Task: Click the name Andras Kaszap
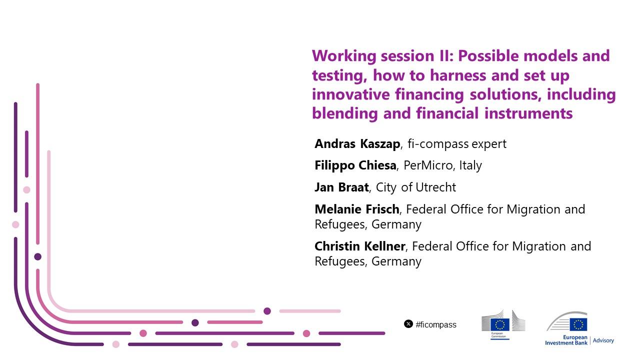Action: coord(357,143)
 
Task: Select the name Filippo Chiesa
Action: coord(355,165)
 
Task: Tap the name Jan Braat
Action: coord(341,187)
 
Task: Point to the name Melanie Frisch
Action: coord(357,209)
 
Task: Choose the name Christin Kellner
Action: coord(360,246)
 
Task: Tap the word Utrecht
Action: coord(436,187)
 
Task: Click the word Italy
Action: coord(470,165)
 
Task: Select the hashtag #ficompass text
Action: coord(436,324)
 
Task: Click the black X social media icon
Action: coord(408,324)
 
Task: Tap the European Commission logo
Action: coord(503,324)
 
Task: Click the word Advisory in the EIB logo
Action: coord(603,340)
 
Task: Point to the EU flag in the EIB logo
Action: coord(578,324)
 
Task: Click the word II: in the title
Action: coord(445,55)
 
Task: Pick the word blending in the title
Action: coord(345,113)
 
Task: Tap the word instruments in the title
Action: coord(528,113)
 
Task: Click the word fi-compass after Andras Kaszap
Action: coord(438,143)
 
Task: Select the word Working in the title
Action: coord(344,56)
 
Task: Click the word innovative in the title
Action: coord(351,94)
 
